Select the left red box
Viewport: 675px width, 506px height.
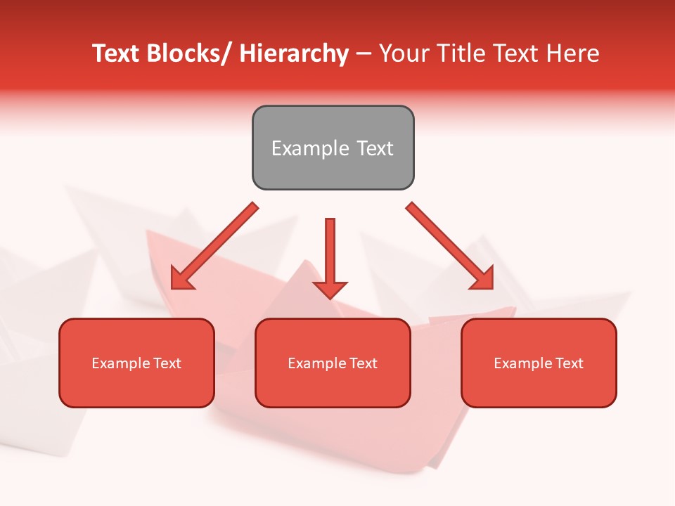pos(136,363)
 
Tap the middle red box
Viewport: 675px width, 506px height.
pos(333,363)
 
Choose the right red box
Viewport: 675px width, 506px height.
pos(539,363)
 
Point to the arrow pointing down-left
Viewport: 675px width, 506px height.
pos(214,246)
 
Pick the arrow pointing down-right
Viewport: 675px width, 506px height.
pos(450,246)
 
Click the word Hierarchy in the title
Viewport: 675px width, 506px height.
pos(293,54)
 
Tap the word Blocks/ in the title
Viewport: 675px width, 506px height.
pos(182,54)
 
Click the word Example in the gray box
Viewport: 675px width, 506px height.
pos(310,148)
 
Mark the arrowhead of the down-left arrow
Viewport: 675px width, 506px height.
pos(181,279)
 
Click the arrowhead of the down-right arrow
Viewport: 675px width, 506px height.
pos(484,279)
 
